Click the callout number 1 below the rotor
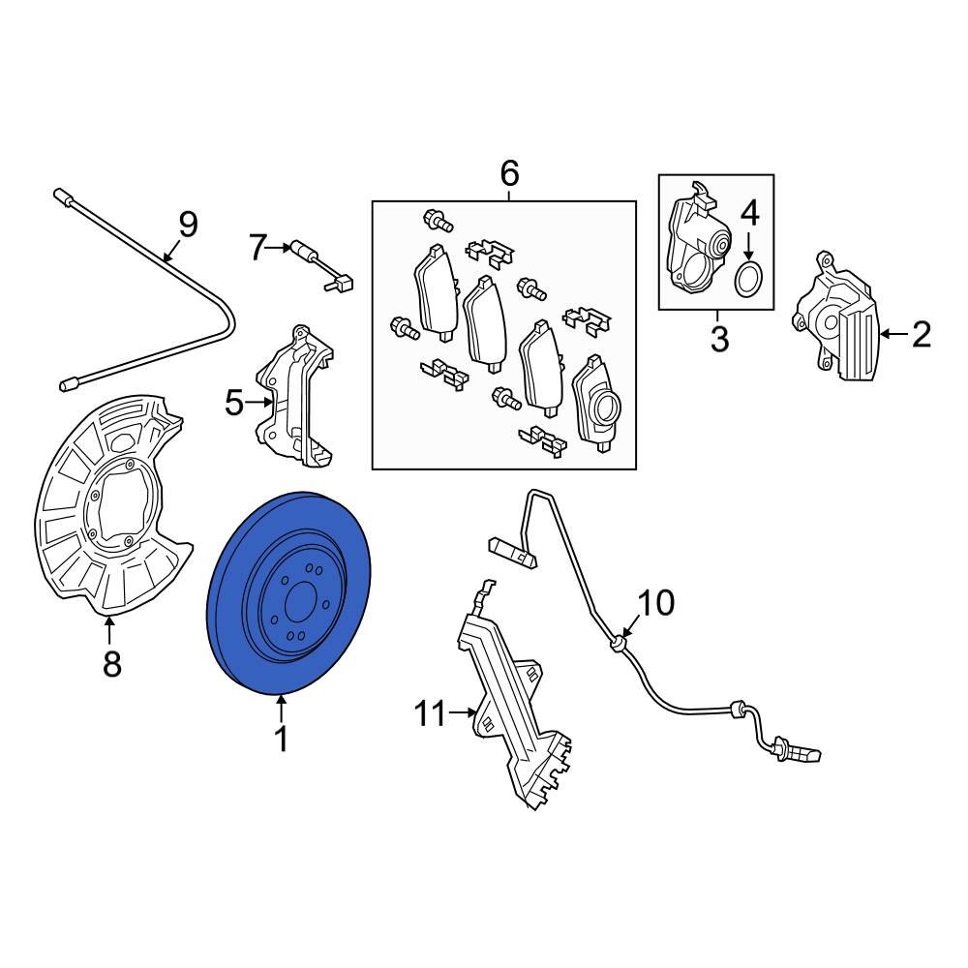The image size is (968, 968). point(281,741)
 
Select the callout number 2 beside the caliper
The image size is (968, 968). point(921,335)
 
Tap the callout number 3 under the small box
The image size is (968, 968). point(717,340)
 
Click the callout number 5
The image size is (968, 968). point(235,402)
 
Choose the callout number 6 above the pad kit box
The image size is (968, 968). point(509,174)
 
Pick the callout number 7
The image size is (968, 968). point(257,249)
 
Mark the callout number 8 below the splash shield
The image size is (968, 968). point(111,664)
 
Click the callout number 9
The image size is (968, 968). point(187,225)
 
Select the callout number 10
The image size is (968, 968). point(655,603)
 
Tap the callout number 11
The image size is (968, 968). point(430,715)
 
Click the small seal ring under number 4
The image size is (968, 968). point(748,280)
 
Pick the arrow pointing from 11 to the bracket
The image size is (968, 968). point(464,715)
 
